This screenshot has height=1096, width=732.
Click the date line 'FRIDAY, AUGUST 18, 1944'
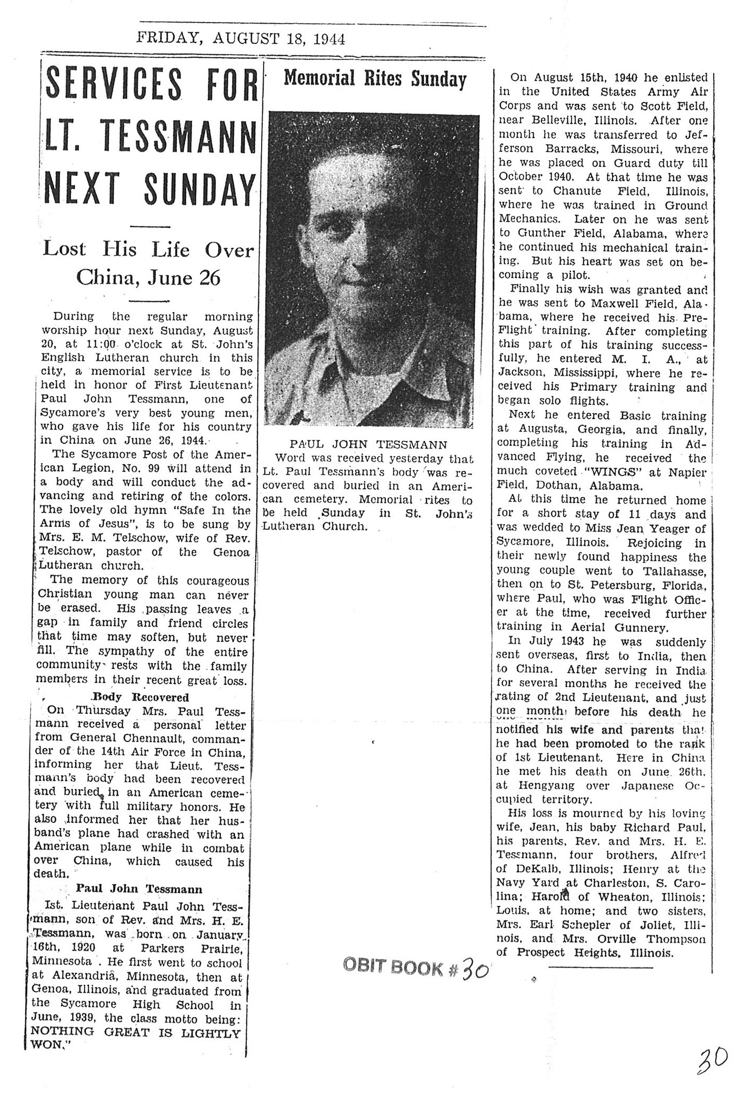(240, 39)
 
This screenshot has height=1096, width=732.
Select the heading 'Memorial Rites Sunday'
(375, 79)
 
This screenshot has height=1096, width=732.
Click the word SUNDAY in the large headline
(199, 190)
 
